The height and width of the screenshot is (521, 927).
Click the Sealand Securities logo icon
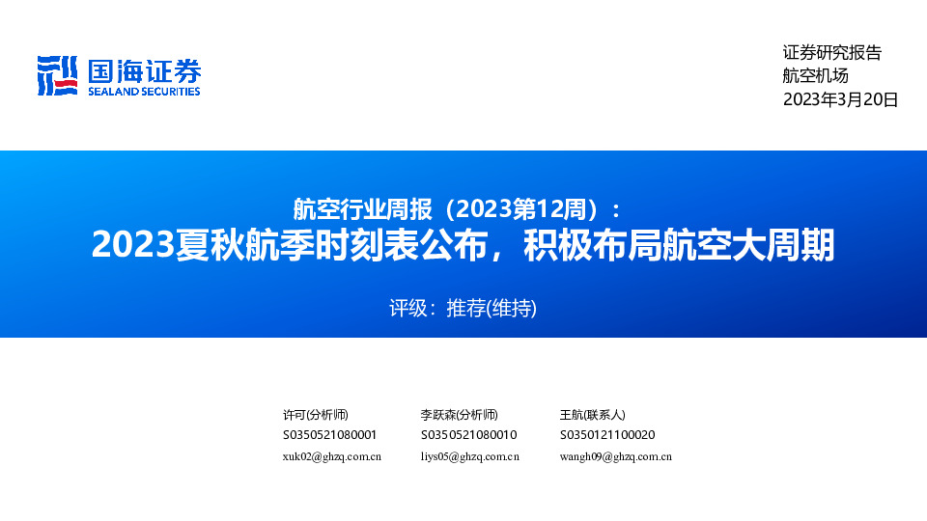tap(56, 75)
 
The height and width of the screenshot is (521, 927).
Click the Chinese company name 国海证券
tap(144, 69)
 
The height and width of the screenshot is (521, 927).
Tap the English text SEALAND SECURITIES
tap(144, 92)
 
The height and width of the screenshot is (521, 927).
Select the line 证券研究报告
tap(831, 54)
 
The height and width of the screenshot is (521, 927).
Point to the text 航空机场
tap(815, 76)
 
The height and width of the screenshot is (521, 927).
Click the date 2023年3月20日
tap(840, 99)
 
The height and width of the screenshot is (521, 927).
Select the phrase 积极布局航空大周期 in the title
tap(677, 245)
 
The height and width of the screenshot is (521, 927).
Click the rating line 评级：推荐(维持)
tap(463, 309)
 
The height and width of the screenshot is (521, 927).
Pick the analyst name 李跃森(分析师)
tap(459, 414)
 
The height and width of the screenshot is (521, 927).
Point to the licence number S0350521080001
tap(329, 435)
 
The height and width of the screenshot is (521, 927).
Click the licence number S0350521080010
tap(468, 435)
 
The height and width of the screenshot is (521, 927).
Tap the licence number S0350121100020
tap(607, 435)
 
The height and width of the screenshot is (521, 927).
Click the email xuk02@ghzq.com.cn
tap(331, 456)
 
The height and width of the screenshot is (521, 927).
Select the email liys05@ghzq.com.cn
tap(469, 456)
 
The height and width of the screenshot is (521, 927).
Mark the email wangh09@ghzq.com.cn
tap(615, 456)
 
